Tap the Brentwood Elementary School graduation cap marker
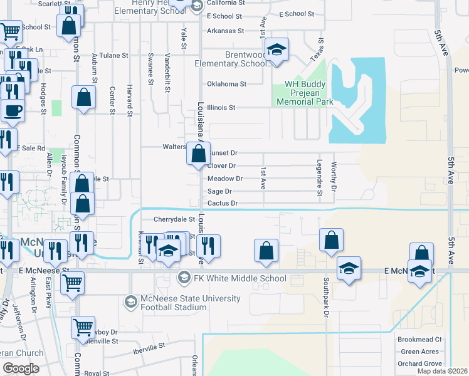pos(276,50)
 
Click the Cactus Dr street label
pos(223,203)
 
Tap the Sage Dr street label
pos(219,191)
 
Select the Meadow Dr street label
pos(224,179)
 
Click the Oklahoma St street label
pos(226,83)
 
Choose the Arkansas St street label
pos(225,30)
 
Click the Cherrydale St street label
pos(174,219)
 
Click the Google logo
pos(20,368)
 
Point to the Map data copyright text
pos(442,371)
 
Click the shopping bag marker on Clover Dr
pos(198,154)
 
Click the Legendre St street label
pos(319,178)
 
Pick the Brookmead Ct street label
pos(419,339)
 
